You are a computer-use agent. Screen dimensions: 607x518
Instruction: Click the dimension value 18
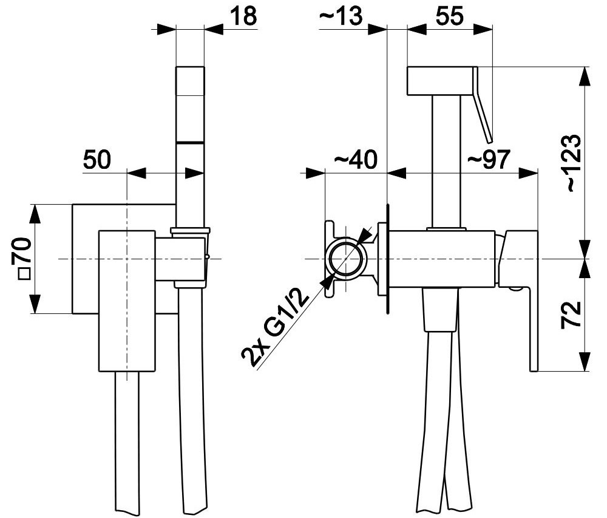tap(243, 16)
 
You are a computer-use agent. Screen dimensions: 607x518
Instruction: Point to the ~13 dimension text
tap(341, 16)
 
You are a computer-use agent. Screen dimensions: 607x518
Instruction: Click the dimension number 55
tap(449, 16)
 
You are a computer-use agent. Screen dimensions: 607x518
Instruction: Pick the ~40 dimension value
tap(355, 160)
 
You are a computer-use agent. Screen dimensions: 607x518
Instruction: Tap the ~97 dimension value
tap(489, 160)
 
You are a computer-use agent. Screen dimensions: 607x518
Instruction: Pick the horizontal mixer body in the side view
tap(442, 259)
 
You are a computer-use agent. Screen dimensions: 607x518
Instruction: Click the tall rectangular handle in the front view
tap(127, 301)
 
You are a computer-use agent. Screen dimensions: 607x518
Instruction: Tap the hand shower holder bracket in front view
tap(190, 258)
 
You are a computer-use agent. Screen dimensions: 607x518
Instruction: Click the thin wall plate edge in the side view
tap(387, 259)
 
